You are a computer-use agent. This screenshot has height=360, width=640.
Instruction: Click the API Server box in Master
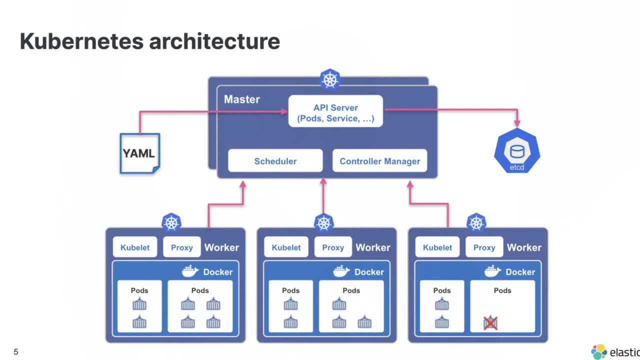pyautogui.click(x=335, y=111)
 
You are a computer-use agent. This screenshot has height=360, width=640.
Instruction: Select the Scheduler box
pyautogui.click(x=275, y=161)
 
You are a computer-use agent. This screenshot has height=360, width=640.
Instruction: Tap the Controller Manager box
pyautogui.click(x=379, y=161)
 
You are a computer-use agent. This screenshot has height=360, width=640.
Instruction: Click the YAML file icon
pyautogui.click(x=139, y=153)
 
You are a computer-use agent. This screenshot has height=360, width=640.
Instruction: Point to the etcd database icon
pyautogui.click(x=516, y=151)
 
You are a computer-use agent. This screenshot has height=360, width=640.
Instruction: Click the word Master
pyautogui.click(x=241, y=99)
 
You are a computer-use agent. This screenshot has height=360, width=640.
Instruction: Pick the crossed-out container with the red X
pyautogui.click(x=490, y=323)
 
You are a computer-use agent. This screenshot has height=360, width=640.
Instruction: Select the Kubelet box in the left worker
pyautogui.click(x=134, y=247)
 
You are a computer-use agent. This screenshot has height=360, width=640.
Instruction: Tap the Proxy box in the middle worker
pyautogui.click(x=333, y=247)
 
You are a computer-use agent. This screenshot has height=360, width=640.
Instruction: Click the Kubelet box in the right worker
pyautogui.click(x=437, y=247)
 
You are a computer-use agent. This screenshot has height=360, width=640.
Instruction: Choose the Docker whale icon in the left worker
pyautogui.click(x=190, y=271)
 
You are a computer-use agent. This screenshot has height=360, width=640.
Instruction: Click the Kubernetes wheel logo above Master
pyautogui.click(x=330, y=79)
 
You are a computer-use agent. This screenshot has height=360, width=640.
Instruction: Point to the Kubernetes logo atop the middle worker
pyautogui.click(x=323, y=222)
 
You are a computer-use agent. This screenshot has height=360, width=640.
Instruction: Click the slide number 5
pyautogui.click(x=16, y=352)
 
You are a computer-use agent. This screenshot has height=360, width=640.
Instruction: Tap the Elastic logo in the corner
pyautogui.click(x=599, y=352)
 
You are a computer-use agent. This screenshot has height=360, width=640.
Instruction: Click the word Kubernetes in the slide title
pyautogui.click(x=81, y=41)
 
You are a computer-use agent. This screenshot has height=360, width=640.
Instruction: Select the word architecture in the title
pyautogui.click(x=214, y=41)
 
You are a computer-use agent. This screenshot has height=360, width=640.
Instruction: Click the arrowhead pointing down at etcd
pyautogui.click(x=517, y=123)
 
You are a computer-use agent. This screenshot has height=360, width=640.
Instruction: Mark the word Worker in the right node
pyautogui.click(x=524, y=247)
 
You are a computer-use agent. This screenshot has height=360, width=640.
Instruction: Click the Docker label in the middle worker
pyautogui.click(x=369, y=272)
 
